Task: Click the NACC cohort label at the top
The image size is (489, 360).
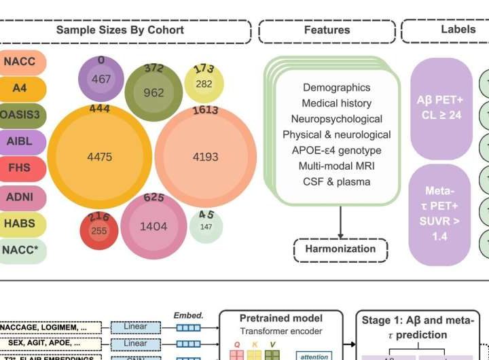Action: click(x=20, y=62)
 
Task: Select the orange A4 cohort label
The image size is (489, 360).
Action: click(x=20, y=88)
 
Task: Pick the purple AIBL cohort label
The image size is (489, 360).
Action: click(x=20, y=141)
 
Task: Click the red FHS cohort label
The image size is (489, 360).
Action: click(x=20, y=168)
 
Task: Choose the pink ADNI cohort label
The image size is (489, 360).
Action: click(x=20, y=198)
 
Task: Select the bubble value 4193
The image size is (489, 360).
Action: click(x=205, y=157)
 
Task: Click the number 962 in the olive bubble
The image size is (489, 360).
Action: click(x=153, y=92)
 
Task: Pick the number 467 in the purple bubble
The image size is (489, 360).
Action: click(x=101, y=79)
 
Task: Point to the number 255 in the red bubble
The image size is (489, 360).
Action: click(x=99, y=231)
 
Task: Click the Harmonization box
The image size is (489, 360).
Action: click(x=340, y=249)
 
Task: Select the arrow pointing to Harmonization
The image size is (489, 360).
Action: click(x=340, y=221)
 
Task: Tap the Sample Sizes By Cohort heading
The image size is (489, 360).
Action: click(x=120, y=30)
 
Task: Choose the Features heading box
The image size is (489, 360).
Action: click(x=327, y=31)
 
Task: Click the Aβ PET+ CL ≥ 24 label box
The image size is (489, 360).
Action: click(x=440, y=108)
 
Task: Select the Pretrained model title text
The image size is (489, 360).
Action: click(x=280, y=318)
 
